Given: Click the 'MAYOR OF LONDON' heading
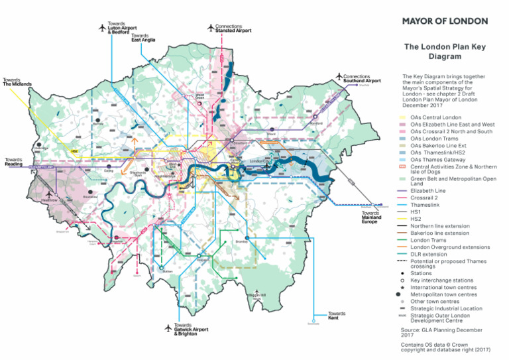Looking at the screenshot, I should [x=445, y=21].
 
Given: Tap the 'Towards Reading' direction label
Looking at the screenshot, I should [x=17, y=162].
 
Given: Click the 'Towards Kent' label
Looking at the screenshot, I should [x=337, y=316].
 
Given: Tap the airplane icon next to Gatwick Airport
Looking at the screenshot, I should [x=169, y=326].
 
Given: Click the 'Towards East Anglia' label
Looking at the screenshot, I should [x=144, y=38].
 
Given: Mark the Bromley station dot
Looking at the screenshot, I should [x=246, y=237].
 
